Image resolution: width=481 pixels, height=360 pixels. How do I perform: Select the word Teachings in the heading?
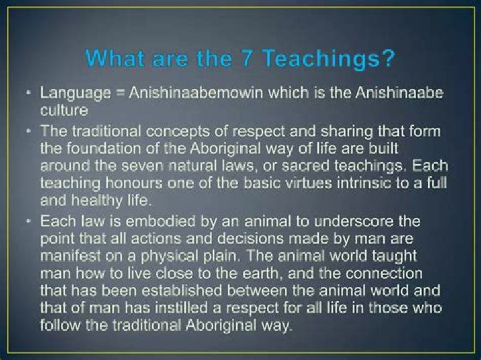321,59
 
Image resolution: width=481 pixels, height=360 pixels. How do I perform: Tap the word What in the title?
119,59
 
